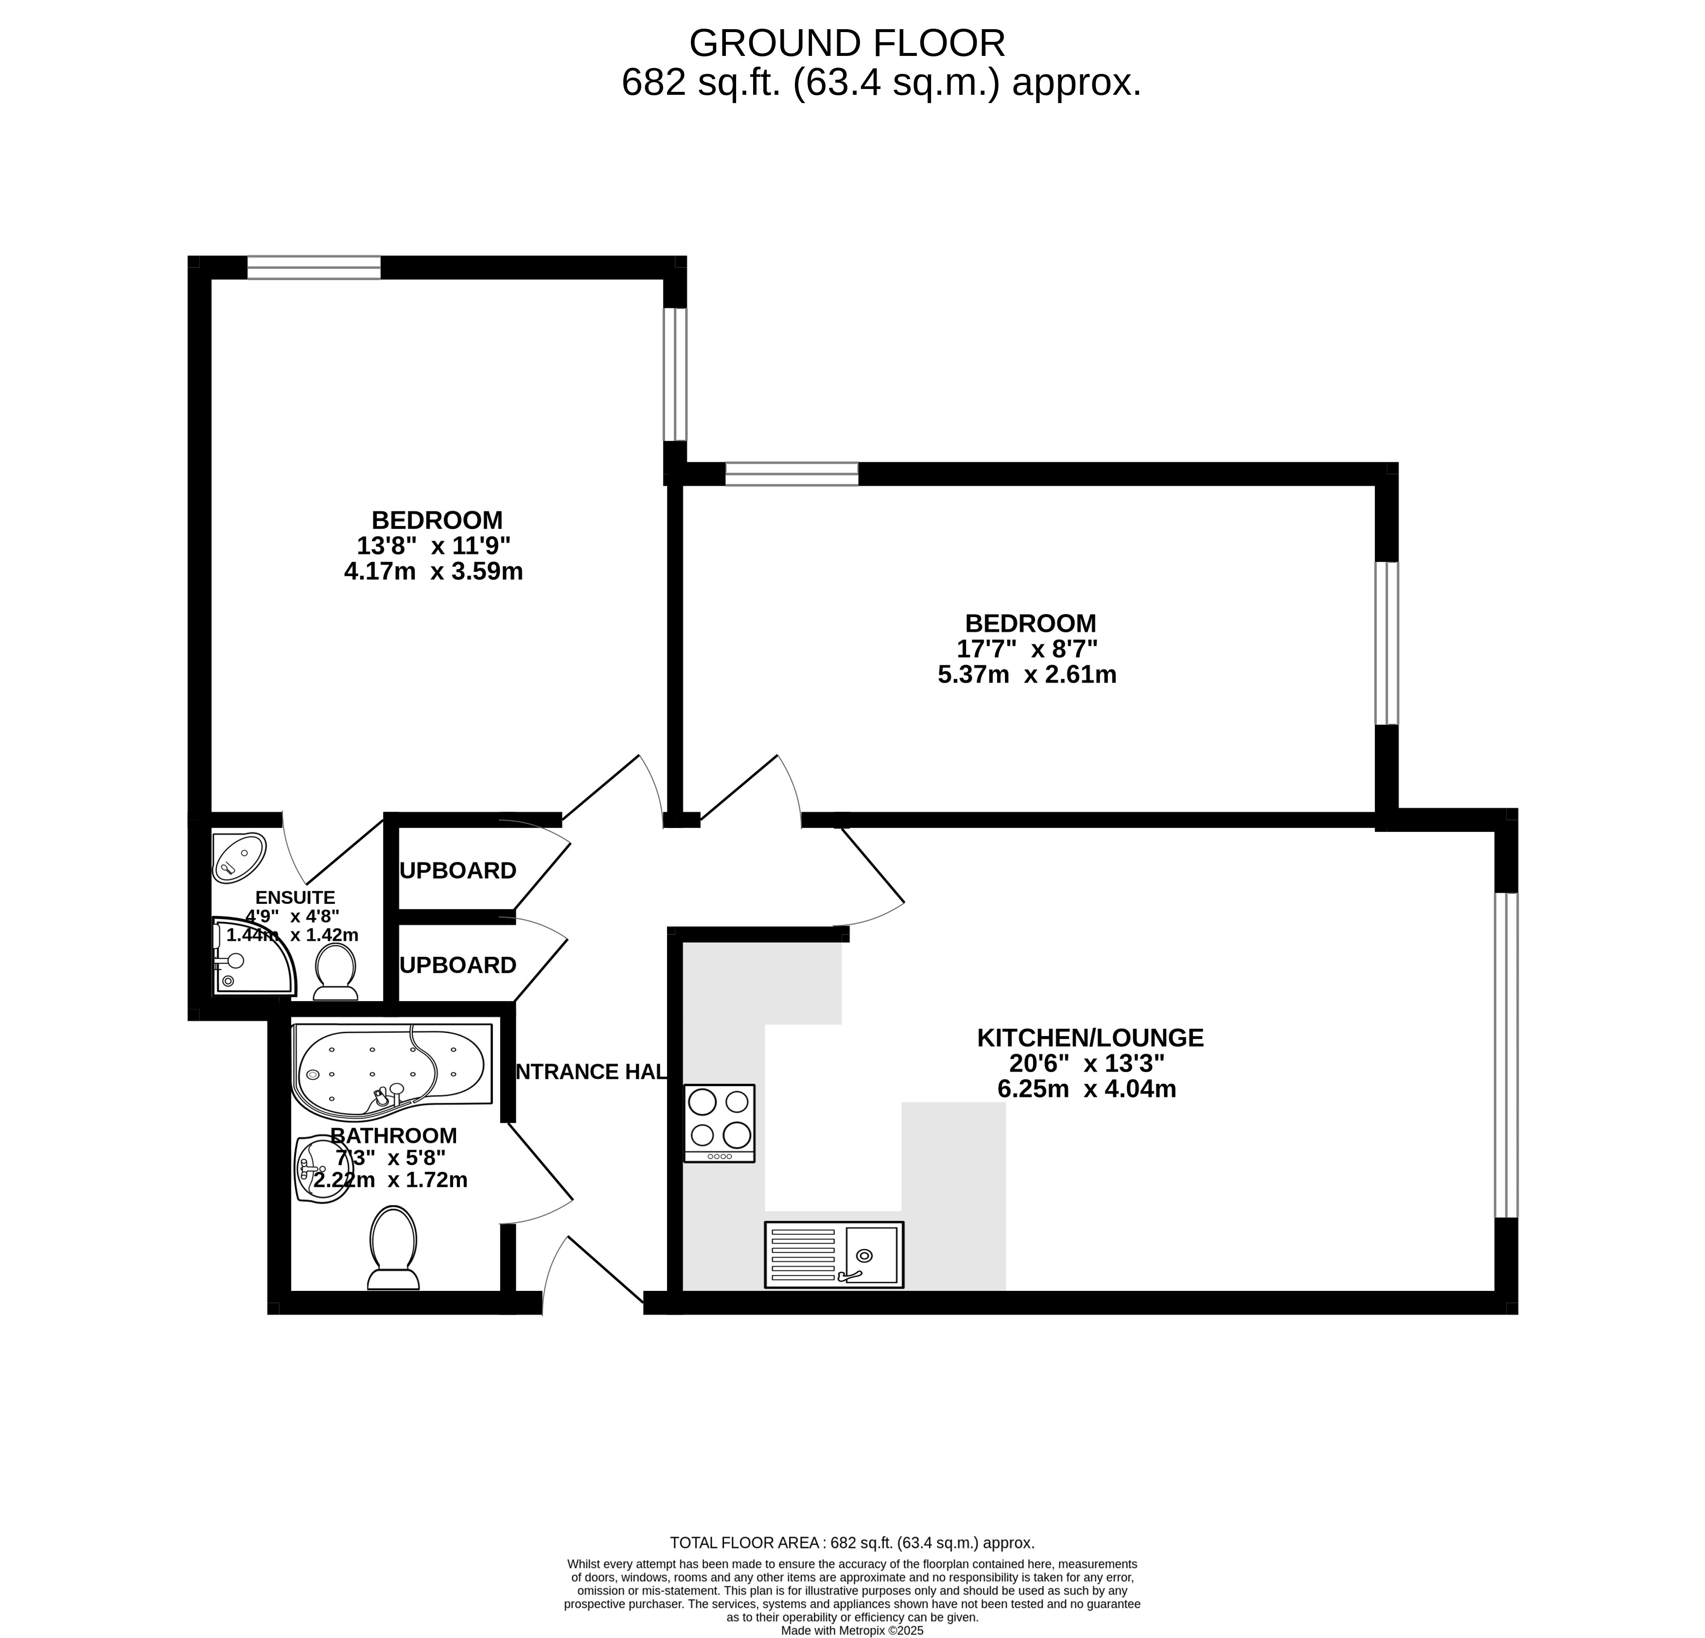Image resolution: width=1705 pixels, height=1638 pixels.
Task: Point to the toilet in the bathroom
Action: click(393, 1248)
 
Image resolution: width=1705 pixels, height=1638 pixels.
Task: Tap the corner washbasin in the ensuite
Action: click(238, 859)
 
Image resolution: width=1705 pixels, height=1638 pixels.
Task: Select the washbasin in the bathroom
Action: click(322, 1170)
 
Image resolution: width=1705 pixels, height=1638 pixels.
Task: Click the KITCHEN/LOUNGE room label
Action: click(1090, 1038)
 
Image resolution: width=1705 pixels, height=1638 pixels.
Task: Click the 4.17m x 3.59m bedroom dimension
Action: click(433, 571)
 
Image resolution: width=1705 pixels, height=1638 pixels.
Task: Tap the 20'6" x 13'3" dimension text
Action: click(1087, 1063)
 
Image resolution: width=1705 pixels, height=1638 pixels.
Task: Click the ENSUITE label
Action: click(295, 897)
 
